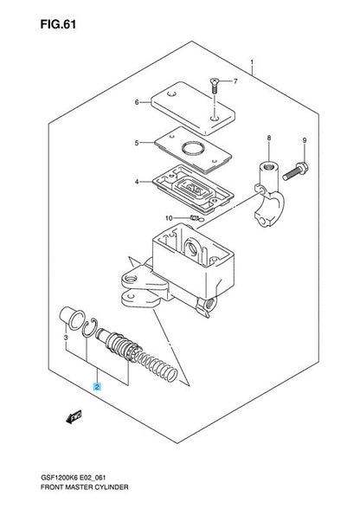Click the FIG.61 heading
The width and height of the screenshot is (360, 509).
point(58,24)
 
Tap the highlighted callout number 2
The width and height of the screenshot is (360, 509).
point(97,386)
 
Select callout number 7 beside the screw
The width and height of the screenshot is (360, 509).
point(235,81)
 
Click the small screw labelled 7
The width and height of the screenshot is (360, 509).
point(215,86)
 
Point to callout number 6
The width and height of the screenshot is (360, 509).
point(137,102)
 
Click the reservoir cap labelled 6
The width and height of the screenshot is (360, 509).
point(193,107)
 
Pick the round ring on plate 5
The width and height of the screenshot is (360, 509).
point(192,149)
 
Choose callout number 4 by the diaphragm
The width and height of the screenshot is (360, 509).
point(137,182)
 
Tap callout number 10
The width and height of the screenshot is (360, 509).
point(169,218)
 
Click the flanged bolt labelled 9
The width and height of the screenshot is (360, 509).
point(295,171)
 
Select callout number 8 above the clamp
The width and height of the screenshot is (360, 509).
point(269,139)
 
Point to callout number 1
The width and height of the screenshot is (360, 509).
point(252,62)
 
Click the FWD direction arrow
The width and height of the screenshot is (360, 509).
point(74,417)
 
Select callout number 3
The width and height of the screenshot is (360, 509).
point(66,338)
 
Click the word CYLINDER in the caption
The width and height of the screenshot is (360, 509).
point(112,487)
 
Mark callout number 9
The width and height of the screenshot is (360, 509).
point(304,140)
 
